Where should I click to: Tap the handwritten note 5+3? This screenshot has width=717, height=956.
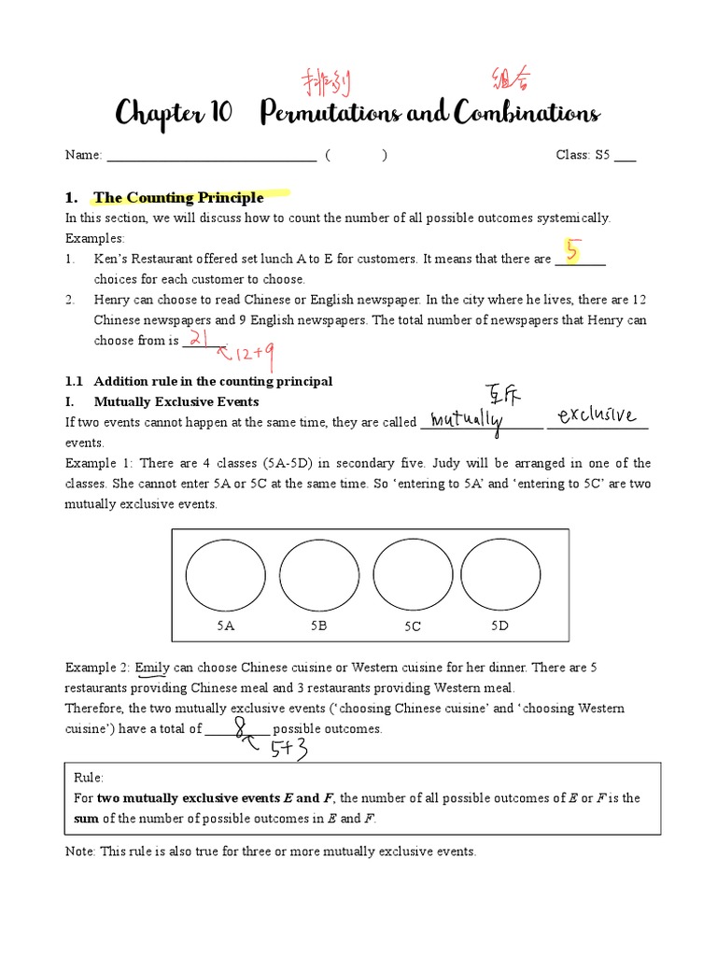point(289,749)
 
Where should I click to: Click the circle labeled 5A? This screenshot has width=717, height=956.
point(225,575)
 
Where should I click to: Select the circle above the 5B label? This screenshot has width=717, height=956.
point(319,575)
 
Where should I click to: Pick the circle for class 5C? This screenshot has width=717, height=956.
point(413,575)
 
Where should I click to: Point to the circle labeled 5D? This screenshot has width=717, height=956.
point(500,575)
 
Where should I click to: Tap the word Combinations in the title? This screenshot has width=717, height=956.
point(527,114)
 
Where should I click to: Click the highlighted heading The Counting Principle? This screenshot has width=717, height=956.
point(178,198)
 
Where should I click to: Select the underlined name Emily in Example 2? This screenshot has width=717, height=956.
point(151,668)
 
